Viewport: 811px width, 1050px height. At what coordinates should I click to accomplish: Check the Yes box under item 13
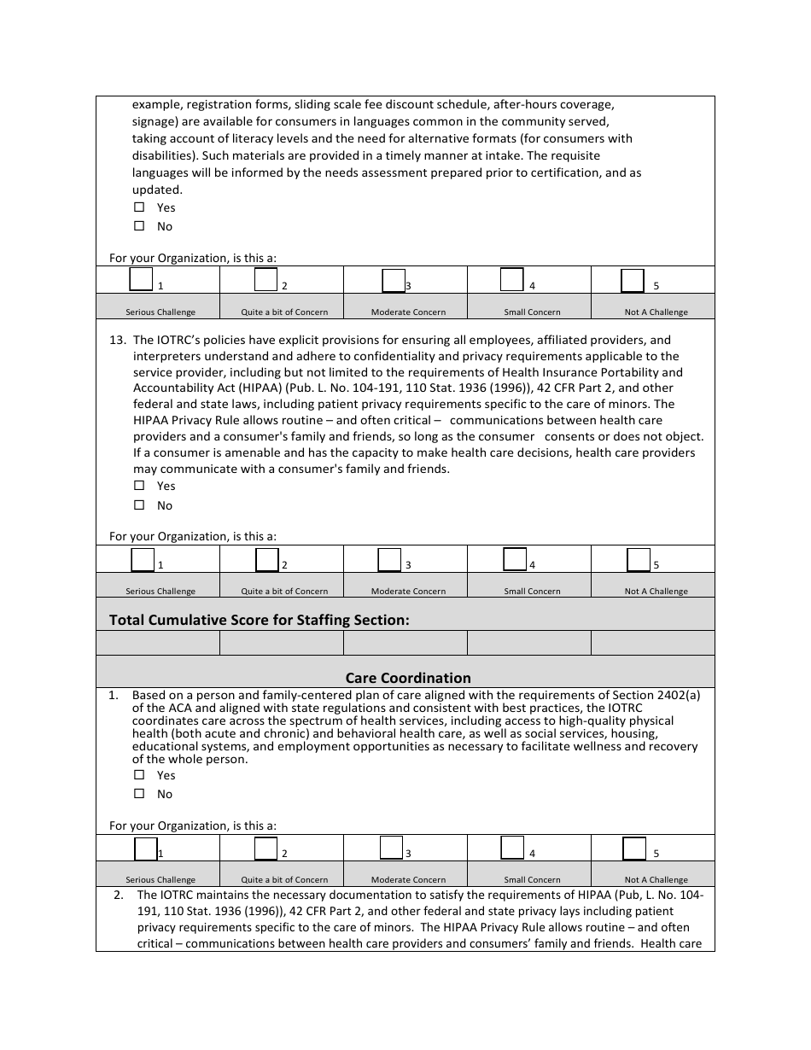[x=139, y=486]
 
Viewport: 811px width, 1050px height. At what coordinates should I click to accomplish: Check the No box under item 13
[x=139, y=505]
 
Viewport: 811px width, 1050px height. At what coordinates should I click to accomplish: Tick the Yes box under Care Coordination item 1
[x=139, y=775]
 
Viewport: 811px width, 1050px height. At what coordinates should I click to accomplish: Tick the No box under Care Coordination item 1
[x=139, y=794]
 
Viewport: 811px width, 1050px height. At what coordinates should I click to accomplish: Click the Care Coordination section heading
[x=408, y=678]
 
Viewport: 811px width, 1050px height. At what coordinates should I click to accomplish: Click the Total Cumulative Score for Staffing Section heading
[x=260, y=620]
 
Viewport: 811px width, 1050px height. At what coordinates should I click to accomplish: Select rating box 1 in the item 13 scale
[x=143, y=560]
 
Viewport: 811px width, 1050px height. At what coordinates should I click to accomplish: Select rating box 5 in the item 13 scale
[x=638, y=560]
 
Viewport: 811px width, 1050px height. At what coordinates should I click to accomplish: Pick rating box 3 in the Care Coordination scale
[x=390, y=848]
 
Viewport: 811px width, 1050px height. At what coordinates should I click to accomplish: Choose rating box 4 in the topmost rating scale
[x=511, y=280]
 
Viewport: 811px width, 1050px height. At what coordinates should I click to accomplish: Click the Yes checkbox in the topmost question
[x=139, y=207]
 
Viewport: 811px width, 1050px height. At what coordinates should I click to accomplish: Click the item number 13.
[x=118, y=340]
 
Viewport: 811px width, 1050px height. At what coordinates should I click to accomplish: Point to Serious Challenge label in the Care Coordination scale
[x=160, y=879]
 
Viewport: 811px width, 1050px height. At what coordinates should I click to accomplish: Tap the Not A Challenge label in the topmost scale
[x=656, y=312]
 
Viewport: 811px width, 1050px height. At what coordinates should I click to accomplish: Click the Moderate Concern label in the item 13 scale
[x=408, y=591]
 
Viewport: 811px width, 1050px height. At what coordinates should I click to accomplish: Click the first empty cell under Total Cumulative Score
[x=158, y=643]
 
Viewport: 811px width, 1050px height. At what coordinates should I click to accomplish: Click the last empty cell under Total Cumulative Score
[x=652, y=643]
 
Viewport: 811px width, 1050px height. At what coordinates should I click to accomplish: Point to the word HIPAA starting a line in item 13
[x=151, y=420]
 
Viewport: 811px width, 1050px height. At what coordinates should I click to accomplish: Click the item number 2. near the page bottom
[x=119, y=895]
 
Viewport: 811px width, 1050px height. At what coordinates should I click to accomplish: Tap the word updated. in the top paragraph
[x=157, y=190]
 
